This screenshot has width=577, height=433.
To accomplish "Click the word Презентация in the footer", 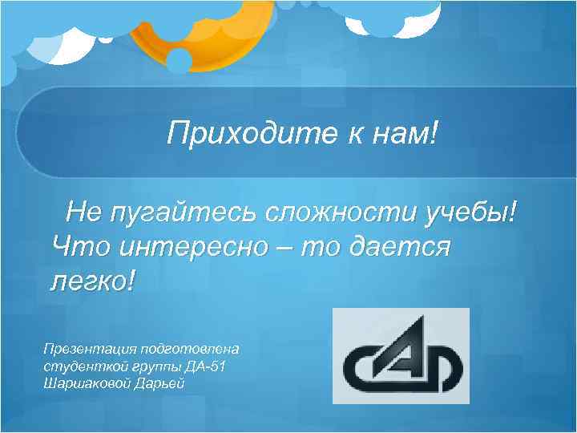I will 90,350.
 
